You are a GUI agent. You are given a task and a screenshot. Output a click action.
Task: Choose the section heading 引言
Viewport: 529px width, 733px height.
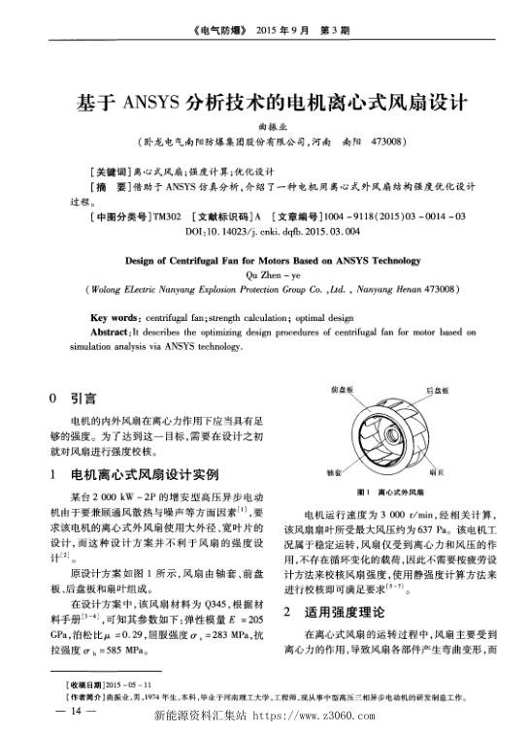pos(83,398)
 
